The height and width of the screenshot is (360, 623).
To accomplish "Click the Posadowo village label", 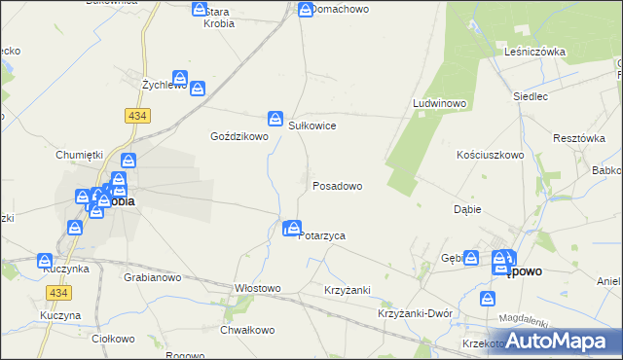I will pos(337,185).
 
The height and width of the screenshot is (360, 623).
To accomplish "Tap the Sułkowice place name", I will pos(312,126).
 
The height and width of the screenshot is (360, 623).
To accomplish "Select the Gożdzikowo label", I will pos(239,137).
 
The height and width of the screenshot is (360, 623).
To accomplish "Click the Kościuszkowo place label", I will pos(491,155).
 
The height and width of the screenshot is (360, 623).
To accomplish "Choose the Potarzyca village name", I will pos(322,235).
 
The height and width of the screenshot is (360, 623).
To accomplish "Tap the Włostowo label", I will pos(257,288).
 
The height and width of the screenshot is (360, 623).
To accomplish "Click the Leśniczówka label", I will pos(535,52).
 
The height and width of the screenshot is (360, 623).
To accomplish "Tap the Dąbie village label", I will pos(468,209).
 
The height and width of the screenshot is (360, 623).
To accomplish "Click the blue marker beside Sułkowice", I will pos(275,115).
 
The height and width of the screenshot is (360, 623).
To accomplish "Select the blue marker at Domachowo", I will pos(305,11).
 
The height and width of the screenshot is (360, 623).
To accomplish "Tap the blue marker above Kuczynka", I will pos(45,261).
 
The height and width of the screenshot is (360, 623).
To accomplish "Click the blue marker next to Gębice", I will pos(471,258).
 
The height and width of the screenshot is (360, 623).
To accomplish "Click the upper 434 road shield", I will pos(135,115).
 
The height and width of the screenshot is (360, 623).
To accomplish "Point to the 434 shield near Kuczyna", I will pos(56,292).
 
